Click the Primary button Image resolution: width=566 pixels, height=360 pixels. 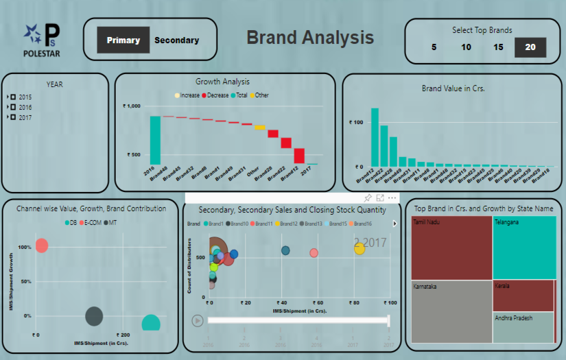click(x=123, y=40)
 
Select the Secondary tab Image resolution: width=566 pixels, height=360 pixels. click(x=176, y=40)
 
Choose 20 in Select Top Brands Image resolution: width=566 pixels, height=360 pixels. click(x=530, y=47)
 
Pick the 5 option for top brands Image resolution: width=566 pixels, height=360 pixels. click(x=434, y=47)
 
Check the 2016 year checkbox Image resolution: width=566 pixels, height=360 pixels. click(x=13, y=108)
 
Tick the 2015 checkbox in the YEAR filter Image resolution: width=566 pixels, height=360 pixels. click(x=13, y=97)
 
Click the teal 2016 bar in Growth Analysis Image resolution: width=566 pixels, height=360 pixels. click(x=155, y=140)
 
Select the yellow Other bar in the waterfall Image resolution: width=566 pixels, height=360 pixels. click(x=260, y=128)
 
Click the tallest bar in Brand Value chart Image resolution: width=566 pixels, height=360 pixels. click(x=375, y=137)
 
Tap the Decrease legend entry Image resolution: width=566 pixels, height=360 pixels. click(x=217, y=95)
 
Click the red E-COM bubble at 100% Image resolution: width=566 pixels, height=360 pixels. click(x=41, y=245)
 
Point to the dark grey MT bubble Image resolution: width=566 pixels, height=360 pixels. click(x=94, y=316)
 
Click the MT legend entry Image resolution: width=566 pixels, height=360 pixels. click(x=110, y=223)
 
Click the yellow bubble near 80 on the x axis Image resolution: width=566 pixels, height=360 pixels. click(x=359, y=249)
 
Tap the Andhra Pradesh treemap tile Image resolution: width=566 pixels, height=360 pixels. click(x=523, y=327)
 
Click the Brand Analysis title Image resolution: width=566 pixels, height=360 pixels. click(x=310, y=38)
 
